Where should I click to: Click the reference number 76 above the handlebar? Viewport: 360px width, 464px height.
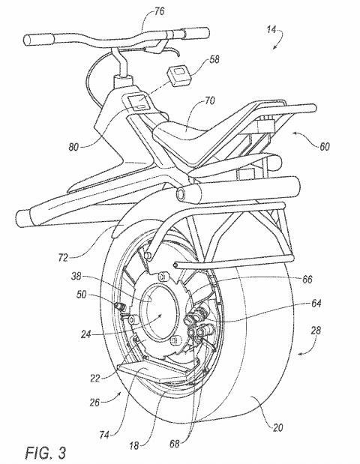[x=159, y=12]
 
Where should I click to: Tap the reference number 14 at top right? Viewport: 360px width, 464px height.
[x=271, y=30]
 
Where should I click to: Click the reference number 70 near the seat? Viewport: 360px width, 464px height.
[x=209, y=101]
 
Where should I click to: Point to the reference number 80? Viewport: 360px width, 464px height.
[x=74, y=147]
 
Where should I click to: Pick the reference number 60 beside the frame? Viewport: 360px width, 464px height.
[x=325, y=146]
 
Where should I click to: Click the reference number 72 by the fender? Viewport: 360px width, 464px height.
[x=63, y=258]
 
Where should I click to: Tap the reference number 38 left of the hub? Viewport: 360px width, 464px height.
[x=76, y=277]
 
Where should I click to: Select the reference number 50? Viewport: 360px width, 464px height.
[x=82, y=295]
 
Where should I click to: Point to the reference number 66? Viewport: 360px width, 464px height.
[x=307, y=280]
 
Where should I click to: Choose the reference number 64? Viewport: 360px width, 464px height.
[x=316, y=304]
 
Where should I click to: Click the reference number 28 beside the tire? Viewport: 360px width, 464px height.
[x=316, y=331]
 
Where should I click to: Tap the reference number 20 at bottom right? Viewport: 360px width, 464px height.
[x=277, y=427]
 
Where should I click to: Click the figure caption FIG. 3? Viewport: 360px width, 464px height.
[x=46, y=453]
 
